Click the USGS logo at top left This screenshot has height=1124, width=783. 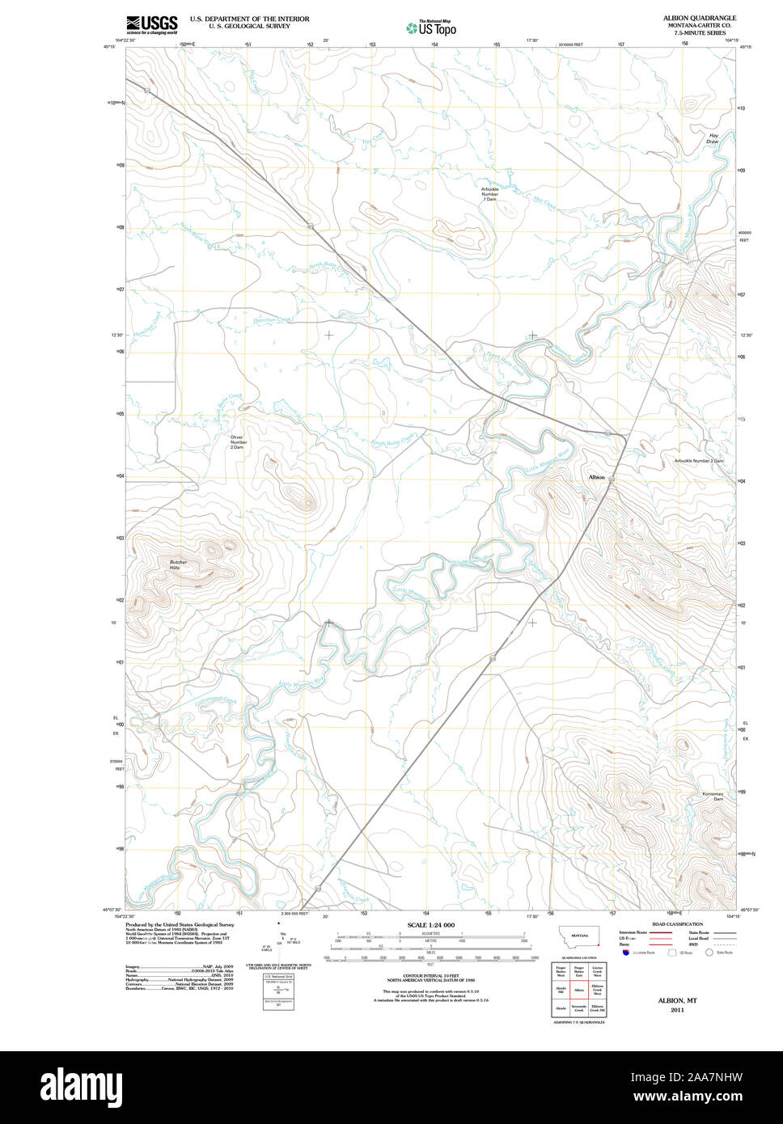pyautogui.click(x=151, y=25)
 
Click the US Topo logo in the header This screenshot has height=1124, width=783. pyautogui.click(x=432, y=28)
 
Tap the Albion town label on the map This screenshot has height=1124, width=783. pyautogui.click(x=596, y=477)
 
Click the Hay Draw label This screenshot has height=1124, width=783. pyautogui.click(x=712, y=138)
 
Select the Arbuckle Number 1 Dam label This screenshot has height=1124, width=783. pyautogui.click(x=490, y=193)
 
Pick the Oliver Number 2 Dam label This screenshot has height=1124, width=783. pyautogui.click(x=237, y=442)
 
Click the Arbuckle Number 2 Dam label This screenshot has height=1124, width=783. pyautogui.click(x=698, y=461)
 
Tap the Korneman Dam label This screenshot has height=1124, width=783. pyautogui.click(x=712, y=797)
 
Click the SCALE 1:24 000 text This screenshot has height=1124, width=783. pyautogui.click(x=430, y=925)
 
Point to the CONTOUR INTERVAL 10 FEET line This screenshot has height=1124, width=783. pyautogui.click(x=430, y=975)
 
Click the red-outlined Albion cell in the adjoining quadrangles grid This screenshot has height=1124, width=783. pyautogui.click(x=578, y=989)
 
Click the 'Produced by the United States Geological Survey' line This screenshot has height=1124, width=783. pyautogui.click(x=180, y=924)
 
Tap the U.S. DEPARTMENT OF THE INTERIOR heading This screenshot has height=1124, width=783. pyautogui.click(x=249, y=18)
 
